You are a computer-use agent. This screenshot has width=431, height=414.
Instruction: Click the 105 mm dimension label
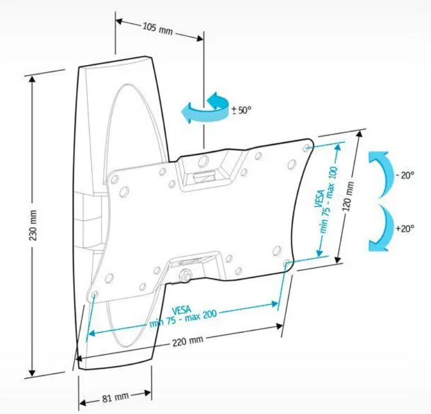click(157, 28)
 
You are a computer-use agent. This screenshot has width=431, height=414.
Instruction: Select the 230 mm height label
click(34, 226)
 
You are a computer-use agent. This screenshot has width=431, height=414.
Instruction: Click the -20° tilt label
click(405, 175)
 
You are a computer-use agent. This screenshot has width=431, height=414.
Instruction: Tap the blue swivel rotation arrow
click(205, 108)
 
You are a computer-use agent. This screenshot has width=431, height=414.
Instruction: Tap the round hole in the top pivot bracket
click(202, 161)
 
